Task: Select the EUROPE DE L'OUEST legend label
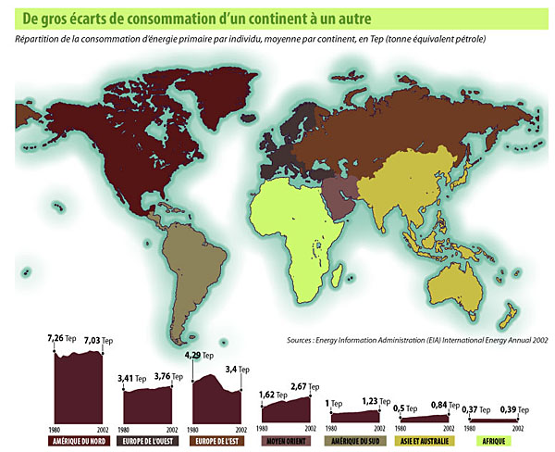[148, 441]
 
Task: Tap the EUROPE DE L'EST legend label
[217, 441]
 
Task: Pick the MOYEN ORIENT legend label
[286, 441]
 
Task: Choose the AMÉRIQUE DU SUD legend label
[355, 441]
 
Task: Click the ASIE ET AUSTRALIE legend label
[425, 441]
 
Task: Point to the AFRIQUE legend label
[494, 441]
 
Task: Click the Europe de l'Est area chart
[217, 398]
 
